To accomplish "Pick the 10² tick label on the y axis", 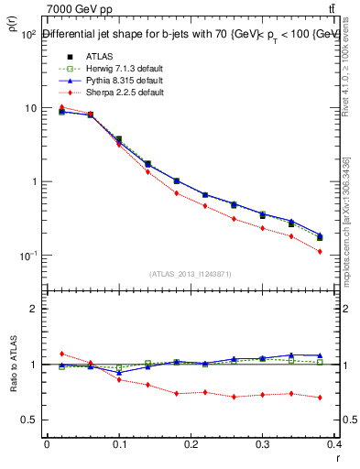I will coord(27,35).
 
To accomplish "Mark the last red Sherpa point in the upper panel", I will coord(345,251).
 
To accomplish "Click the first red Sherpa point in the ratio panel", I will coord(61,354).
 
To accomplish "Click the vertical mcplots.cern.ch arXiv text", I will coord(351,220).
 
